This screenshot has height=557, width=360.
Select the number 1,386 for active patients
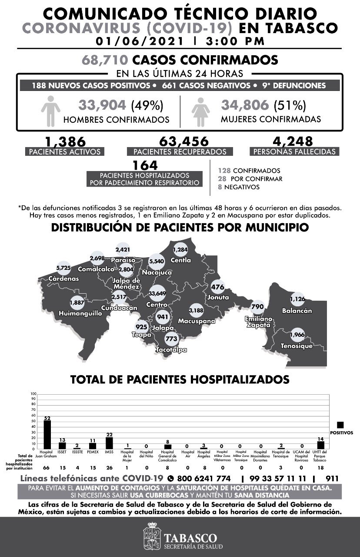64,141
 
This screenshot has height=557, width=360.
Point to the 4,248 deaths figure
293,141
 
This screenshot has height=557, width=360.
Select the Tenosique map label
297,346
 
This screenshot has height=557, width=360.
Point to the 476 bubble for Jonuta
217,287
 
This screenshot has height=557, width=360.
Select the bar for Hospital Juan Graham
47,435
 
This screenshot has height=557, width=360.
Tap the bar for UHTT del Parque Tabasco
321,445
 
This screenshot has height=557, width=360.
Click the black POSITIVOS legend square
340,425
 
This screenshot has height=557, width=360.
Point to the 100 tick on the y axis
33,394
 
